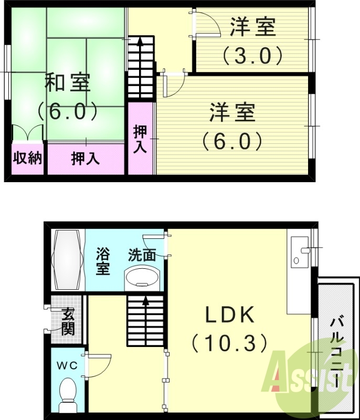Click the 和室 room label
pos(68,83)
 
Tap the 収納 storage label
pos(27,158)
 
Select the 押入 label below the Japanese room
pos(86,158)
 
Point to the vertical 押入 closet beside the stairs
pos(140,139)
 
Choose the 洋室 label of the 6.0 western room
pos(232,113)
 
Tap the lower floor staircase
pos(145,320)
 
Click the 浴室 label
pos(102,261)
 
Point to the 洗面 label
pos(142,255)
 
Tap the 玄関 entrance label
pos(68,321)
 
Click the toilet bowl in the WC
pos(68,391)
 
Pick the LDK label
pos(229,315)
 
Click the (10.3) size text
pos(229,343)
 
